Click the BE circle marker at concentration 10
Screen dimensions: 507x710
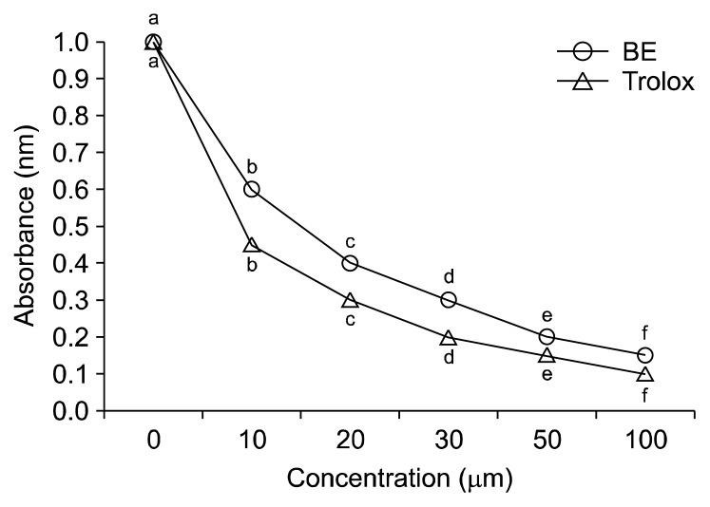pyautogui.click(x=252, y=189)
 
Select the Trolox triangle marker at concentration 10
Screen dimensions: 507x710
pyautogui.click(x=252, y=245)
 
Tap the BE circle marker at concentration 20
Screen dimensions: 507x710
pyautogui.click(x=350, y=263)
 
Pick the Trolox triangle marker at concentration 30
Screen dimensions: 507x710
pyautogui.click(x=449, y=338)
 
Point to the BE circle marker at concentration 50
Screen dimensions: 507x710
pyautogui.click(x=547, y=337)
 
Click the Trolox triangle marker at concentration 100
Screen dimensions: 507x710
pyautogui.click(x=645, y=375)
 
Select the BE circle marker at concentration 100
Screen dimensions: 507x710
pyautogui.click(x=645, y=355)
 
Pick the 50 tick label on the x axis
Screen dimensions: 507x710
pyautogui.click(x=547, y=441)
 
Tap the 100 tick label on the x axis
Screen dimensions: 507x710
pyautogui.click(x=645, y=441)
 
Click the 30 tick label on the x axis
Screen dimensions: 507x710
pyautogui.click(x=449, y=441)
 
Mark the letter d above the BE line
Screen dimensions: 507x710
pyautogui.click(x=449, y=277)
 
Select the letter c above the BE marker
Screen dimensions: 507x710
pyautogui.click(x=350, y=241)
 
